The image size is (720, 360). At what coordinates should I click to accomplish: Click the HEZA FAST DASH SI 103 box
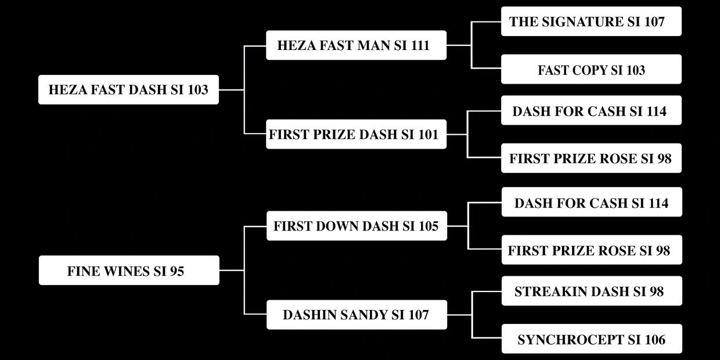click(x=128, y=90)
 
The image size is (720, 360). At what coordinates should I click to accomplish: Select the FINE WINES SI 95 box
click(x=129, y=271)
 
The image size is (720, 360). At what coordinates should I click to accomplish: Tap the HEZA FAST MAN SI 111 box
click(x=356, y=45)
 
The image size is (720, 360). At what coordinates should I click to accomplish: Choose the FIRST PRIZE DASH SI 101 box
click(x=356, y=135)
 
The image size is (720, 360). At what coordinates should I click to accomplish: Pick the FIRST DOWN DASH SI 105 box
click(x=356, y=226)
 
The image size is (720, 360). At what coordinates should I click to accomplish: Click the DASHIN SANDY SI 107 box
click(x=356, y=315)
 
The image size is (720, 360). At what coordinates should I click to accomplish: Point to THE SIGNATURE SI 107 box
click(x=591, y=21)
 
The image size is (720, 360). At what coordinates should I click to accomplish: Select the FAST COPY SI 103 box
click(x=591, y=70)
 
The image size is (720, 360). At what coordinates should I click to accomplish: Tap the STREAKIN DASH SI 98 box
click(x=591, y=291)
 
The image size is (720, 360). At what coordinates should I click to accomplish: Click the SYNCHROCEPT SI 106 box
click(x=591, y=340)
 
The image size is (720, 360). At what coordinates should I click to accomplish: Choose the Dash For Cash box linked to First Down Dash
click(x=591, y=203)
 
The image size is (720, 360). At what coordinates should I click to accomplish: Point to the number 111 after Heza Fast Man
click(x=420, y=45)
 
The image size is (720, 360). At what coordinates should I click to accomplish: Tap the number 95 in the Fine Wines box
click(x=177, y=271)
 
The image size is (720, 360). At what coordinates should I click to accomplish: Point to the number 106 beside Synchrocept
click(x=654, y=340)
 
